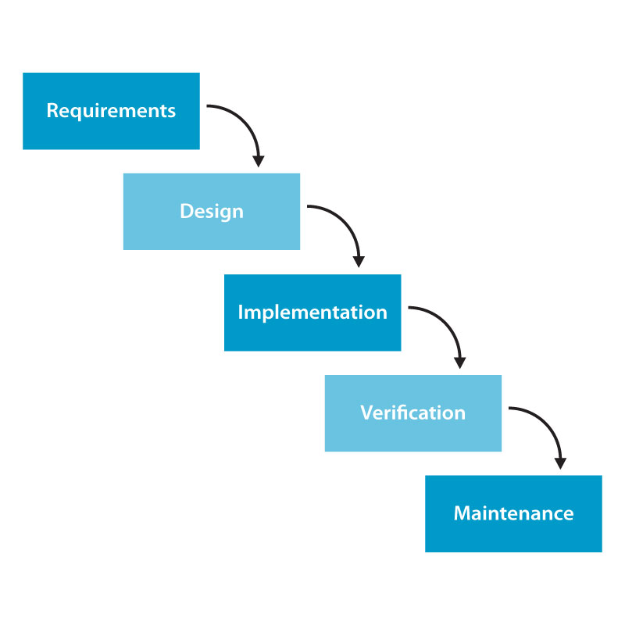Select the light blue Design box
211,234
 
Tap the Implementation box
312,335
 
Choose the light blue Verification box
412,436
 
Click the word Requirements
111,111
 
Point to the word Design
211,212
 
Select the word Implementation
312,312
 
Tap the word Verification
412,413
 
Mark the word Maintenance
513,514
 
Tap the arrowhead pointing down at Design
258,160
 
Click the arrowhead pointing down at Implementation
359,261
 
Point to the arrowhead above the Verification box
459,362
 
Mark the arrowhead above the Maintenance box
559,462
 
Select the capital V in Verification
366,413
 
